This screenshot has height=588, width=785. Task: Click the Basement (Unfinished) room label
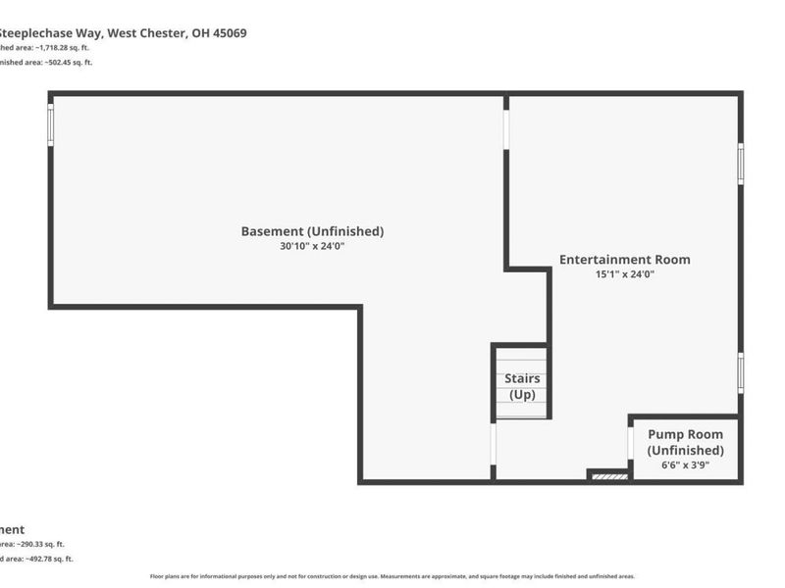click(x=312, y=231)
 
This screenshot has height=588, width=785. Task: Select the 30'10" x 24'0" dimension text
click(x=312, y=247)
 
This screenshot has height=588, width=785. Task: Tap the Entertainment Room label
click(x=624, y=260)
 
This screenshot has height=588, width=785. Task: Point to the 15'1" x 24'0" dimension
click(x=624, y=275)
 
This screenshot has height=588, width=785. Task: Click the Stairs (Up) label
click(x=521, y=386)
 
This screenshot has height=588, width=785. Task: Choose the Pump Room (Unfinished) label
click(x=685, y=442)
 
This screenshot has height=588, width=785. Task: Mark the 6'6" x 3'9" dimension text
click(x=685, y=465)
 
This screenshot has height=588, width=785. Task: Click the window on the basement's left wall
click(x=50, y=123)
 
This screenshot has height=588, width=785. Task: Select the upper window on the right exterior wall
click(x=741, y=163)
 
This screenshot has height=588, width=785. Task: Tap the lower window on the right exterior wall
click(x=741, y=372)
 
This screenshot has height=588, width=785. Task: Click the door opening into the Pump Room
click(x=630, y=441)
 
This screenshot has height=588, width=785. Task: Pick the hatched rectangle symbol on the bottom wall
click(x=609, y=477)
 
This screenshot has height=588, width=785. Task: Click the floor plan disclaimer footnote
click(x=392, y=576)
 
